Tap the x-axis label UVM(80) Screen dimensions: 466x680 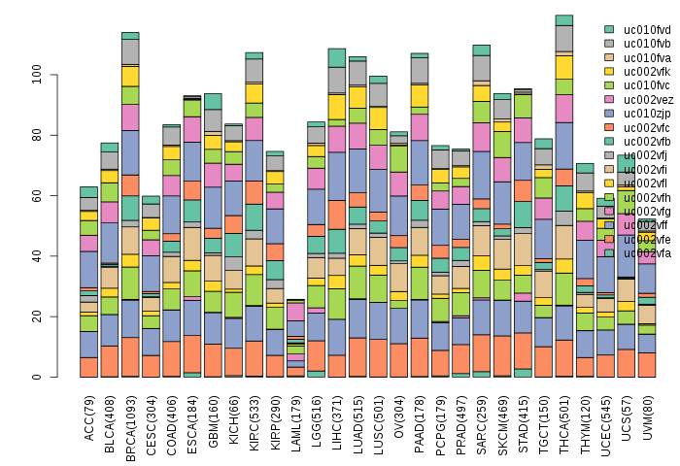pyautogui.click(x=646, y=420)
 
